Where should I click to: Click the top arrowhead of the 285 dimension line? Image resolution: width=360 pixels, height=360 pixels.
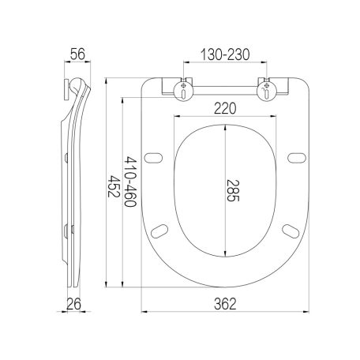click(x=227, y=126)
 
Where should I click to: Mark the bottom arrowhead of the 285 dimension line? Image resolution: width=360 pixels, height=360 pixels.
click(x=227, y=257)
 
